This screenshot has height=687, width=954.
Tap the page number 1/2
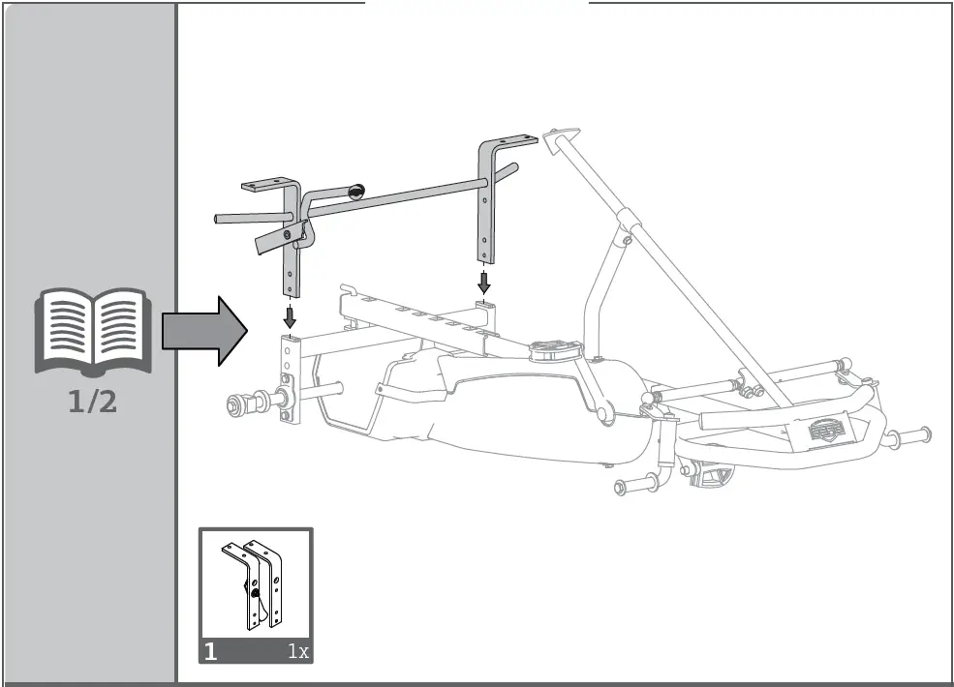click(93, 401)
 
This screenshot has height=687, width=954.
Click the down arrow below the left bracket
click(289, 316)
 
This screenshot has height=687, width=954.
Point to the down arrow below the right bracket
click(484, 282)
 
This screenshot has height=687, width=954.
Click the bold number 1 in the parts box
click(211, 651)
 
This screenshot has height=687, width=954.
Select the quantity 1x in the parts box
click(297, 651)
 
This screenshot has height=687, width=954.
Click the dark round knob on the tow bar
click(355, 192)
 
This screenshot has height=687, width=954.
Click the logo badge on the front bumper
click(825, 426)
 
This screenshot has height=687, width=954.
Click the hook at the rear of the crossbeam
click(345, 288)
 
